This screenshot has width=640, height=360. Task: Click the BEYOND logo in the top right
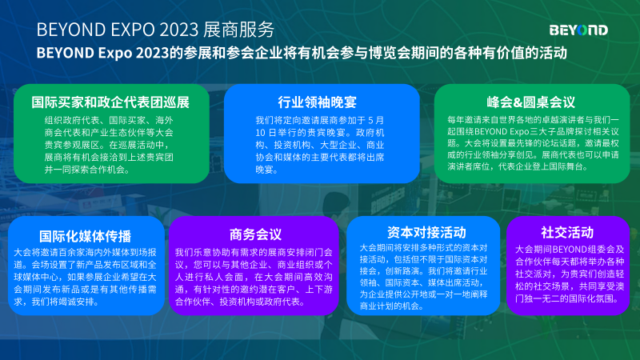tap(578, 30)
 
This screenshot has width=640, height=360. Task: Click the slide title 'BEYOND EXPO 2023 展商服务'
tap(155, 30)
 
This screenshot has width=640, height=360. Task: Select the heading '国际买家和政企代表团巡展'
tap(110, 102)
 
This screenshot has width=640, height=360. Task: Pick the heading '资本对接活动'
tap(426, 232)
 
